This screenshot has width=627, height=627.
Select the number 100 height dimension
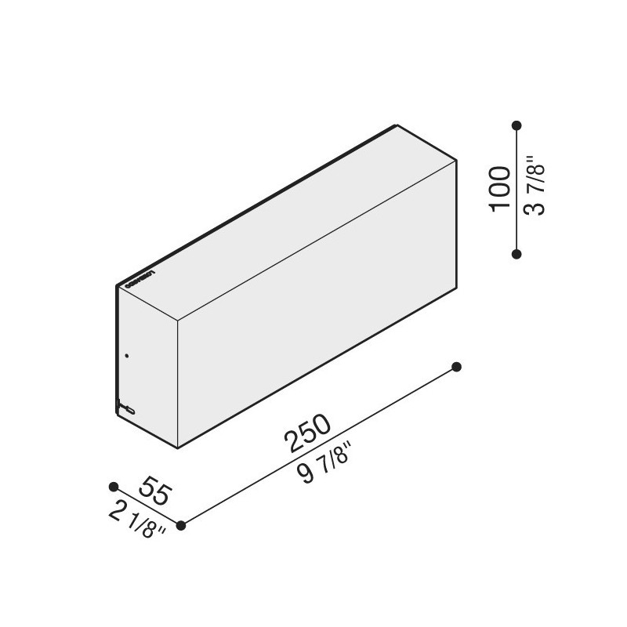coord(500,188)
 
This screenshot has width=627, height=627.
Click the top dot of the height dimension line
coord(516,125)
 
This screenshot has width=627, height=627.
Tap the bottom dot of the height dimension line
coord(516,253)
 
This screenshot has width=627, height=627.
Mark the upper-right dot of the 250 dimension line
coord(457,366)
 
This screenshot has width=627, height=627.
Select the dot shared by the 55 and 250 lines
coord(181,525)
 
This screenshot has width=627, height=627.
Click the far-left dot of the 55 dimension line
coord(114,487)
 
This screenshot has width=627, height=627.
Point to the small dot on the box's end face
coord(126,356)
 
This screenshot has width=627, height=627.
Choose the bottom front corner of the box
coord(178,448)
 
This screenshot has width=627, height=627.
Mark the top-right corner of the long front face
coord(455,162)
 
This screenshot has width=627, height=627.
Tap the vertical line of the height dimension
coord(516,188)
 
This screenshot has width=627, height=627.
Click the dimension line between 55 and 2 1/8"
coord(147,506)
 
